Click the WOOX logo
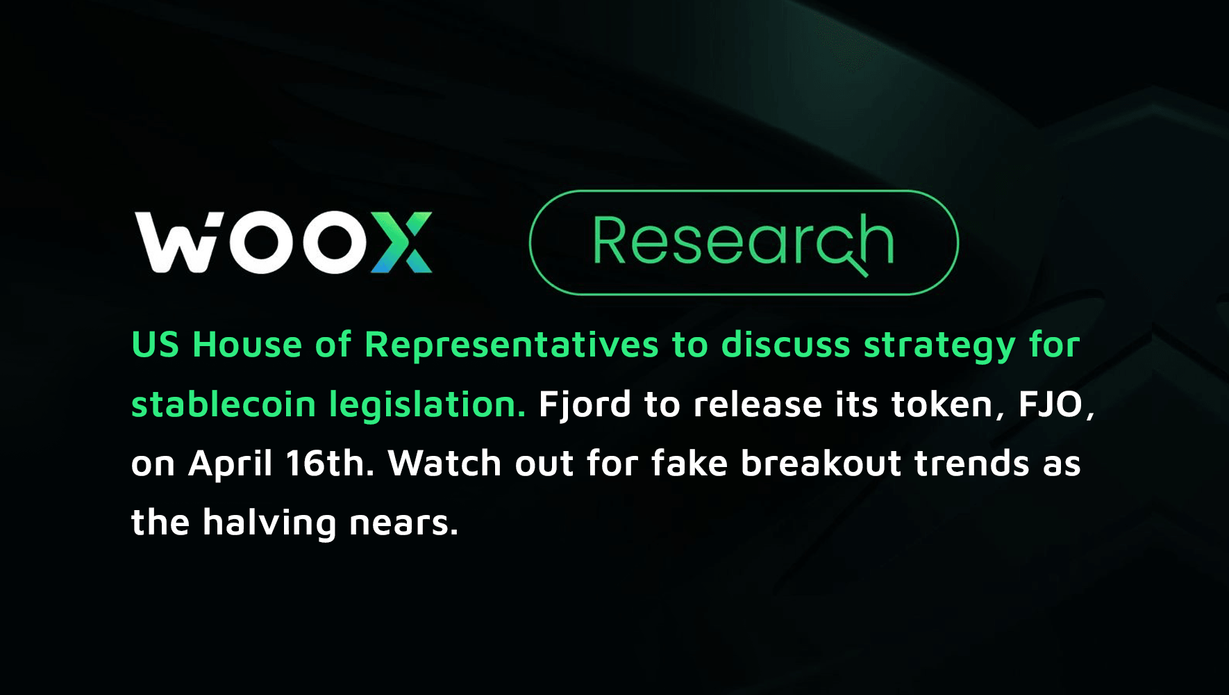pyautogui.click(x=283, y=243)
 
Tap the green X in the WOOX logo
pyautogui.click(x=402, y=243)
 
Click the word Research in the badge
pyautogui.click(x=743, y=242)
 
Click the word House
pyautogui.click(x=247, y=345)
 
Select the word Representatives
pyautogui.click(x=511, y=345)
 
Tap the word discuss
pyautogui.click(x=785, y=345)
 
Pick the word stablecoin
pyautogui.click(x=223, y=404)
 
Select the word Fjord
pyautogui.click(x=585, y=405)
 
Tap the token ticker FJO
pyautogui.click(x=1051, y=404)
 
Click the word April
pyautogui.click(x=231, y=464)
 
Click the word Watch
pyautogui.click(x=444, y=463)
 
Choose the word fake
pyautogui.click(x=689, y=463)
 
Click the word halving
pyautogui.click(x=269, y=523)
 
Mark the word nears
pyautogui.click(x=403, y=523)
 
